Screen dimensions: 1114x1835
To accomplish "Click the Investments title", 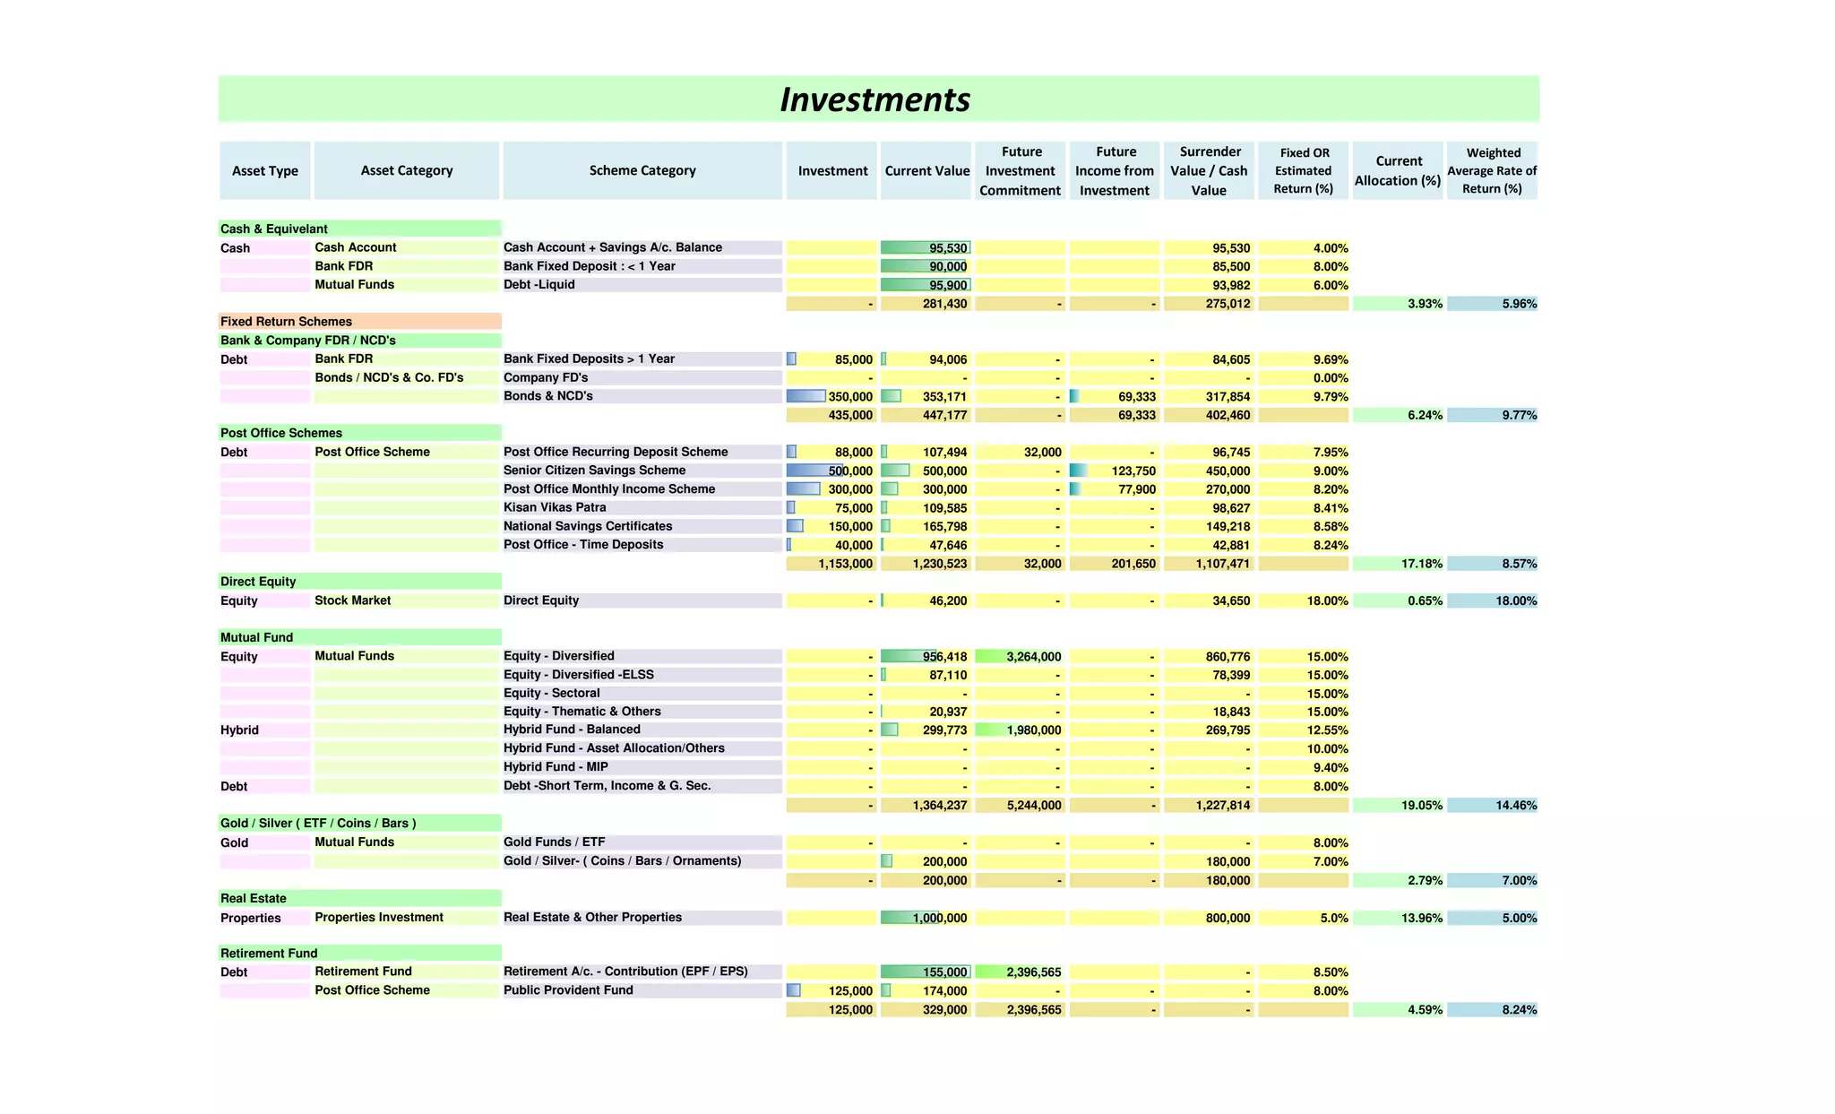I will coord(874,99).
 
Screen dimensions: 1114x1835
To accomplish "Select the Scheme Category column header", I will coord(642,170).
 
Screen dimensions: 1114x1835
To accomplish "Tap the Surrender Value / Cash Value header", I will coord(1209,170).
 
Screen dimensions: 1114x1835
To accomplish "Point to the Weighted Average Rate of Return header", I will coord(1492,170).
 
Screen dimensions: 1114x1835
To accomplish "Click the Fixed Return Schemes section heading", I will coord(287,322).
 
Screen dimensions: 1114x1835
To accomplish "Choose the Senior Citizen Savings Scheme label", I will coord(594,471).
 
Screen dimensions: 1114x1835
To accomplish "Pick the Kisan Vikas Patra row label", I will coord(555,507).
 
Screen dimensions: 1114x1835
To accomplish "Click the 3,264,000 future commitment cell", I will coord(1033,657).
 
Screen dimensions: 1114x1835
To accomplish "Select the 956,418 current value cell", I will coord(944,657).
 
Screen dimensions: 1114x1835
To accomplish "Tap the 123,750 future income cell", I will coord(1133,471).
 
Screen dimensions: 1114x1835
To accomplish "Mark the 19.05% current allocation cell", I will coord(1421,806).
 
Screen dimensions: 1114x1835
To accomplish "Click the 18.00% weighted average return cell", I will coord(1515,601).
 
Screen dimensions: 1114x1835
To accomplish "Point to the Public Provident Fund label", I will coord(568,990).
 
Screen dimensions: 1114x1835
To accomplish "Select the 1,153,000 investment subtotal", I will coord(845,564).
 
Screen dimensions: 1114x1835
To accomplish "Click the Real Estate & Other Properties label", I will coord(592,918).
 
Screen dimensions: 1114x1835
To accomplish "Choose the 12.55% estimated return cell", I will coord(1327,730).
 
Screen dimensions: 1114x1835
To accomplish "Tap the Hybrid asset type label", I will coord(239,730).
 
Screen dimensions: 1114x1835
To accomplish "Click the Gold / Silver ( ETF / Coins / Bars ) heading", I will coord(318,824).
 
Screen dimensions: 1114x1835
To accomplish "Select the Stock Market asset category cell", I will coord(353,600).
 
